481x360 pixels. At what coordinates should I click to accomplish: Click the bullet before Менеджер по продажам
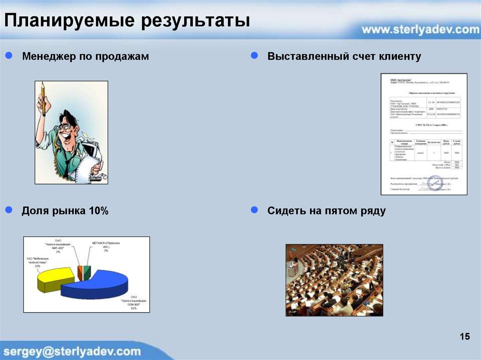coord(8,56)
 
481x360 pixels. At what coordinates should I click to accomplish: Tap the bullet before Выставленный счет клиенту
coord(254,56)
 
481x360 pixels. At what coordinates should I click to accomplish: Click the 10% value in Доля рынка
coord(98,211)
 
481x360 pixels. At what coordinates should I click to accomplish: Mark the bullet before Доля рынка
coord(8,211)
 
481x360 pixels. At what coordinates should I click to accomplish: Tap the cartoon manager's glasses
coord(65,126)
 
